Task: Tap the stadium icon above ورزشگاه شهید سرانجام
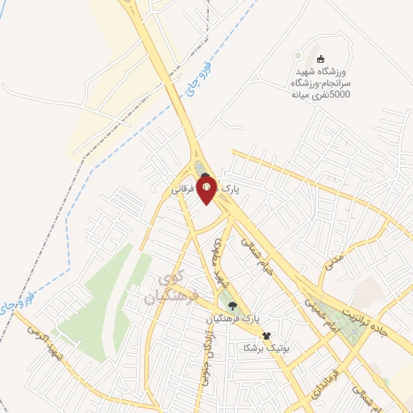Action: click(320, 60)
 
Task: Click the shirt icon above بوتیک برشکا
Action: click(265, 336)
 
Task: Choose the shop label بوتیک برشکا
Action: click(265, 348)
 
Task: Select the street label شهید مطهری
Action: click(219, 262)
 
